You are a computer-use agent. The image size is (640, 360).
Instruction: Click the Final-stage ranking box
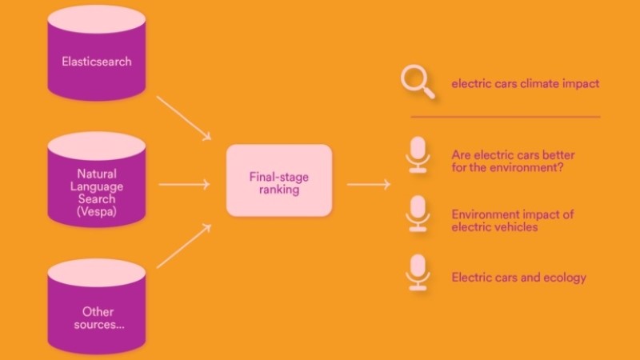(278, 180)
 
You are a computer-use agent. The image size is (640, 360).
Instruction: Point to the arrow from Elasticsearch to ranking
(183, 117)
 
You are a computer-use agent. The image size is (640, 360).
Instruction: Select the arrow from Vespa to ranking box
(184, 185)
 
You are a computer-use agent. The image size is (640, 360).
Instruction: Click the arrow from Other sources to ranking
(183, 246)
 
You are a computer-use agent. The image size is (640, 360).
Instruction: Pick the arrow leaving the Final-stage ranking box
(368, 185)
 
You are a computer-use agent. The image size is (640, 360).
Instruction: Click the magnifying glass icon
(418, 82)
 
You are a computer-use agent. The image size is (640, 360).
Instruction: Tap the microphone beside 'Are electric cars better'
(417, 154)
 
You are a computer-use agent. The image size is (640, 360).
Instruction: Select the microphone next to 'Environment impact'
(417, 214)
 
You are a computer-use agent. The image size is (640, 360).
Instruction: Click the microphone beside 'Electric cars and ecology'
(417, 273)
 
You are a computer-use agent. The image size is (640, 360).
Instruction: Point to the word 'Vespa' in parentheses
(97, 212)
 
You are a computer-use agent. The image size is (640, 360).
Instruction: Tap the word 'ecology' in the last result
(565, 278)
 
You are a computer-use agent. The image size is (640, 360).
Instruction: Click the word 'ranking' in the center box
(278, 191)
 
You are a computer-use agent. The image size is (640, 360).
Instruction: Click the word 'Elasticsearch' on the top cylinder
(96, 61)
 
